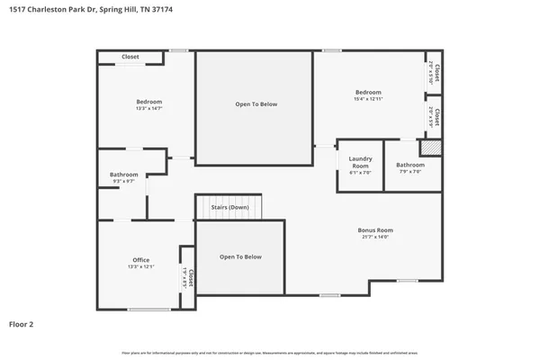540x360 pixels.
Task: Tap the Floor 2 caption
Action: pos(22,322)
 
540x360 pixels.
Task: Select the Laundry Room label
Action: pos(360,163)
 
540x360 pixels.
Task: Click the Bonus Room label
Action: pos(375,230)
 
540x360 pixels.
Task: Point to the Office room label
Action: pos(141,260)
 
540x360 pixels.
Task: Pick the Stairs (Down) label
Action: pos(229,207)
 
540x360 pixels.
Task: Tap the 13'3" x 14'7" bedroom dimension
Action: pos(148,110)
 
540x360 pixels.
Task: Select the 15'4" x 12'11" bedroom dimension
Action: pos(368,99)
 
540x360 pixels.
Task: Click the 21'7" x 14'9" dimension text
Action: pos(375,238)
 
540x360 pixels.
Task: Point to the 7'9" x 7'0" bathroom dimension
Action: pos(410,172)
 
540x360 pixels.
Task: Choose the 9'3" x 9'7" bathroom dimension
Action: pos(124,182)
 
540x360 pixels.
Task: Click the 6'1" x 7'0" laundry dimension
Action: pos(360,173)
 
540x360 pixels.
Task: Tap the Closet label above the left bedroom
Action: pos(130,57)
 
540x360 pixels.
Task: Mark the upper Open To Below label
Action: pos(256,104)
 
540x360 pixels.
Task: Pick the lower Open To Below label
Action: pos(240,257)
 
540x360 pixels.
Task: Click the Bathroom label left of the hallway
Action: pos(124,175)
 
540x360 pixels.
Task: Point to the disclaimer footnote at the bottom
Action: pos(269,353)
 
